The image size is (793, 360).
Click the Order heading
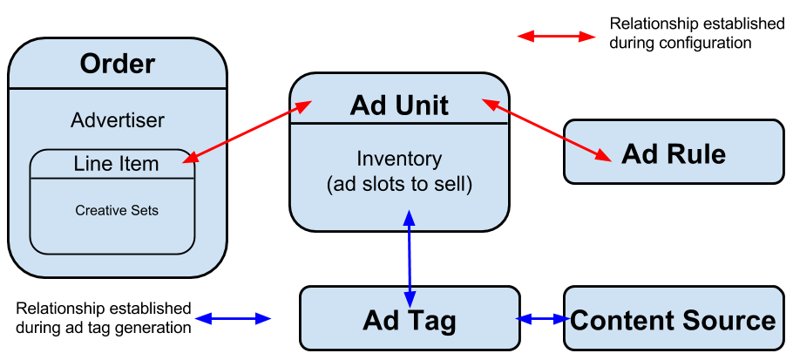coord(118,64)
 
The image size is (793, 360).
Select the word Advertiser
coord(118,119)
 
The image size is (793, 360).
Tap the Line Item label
coord(116,164)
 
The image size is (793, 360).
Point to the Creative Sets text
coord(117,210)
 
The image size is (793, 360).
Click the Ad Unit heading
coord(399,105)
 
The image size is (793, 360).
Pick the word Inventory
coord(399,160)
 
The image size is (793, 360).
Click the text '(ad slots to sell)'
coord(399,185)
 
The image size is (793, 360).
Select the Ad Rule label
coord(674,154)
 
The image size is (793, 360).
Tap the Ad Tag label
coord(410,320)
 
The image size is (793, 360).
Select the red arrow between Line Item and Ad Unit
coord(247,132)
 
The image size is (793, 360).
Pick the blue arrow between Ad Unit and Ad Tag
coord(410,257)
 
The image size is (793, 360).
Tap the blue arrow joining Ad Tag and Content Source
coord(542,319)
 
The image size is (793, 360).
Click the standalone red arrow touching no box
coord(556,37)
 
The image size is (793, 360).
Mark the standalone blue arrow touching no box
coord(233,319)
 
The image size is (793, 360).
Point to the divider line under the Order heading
coord(118,88)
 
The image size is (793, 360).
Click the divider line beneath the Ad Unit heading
coord(399,123)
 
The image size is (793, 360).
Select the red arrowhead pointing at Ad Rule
coord(603,157)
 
